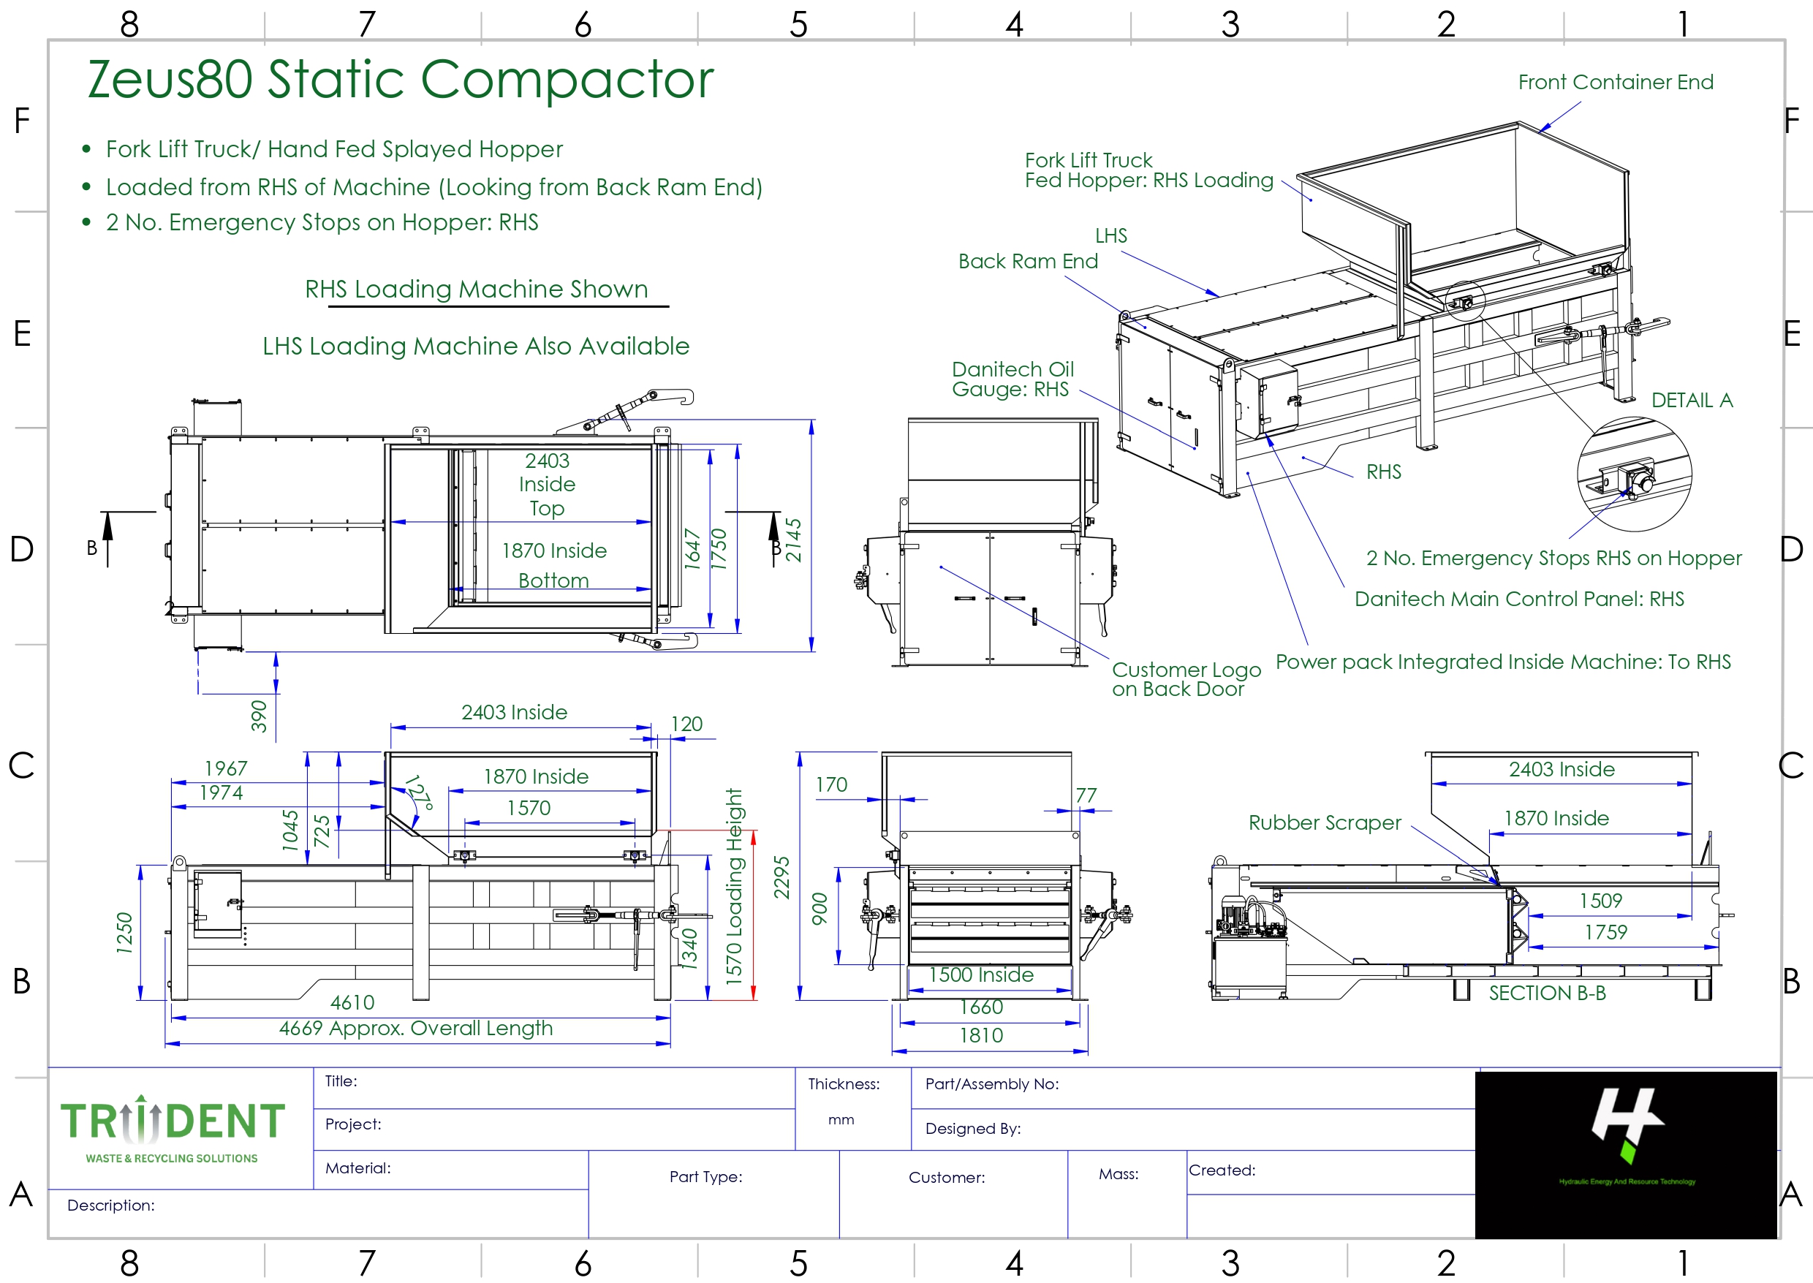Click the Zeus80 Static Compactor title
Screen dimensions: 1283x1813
[400, 79]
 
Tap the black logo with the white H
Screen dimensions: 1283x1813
[1625, 1154]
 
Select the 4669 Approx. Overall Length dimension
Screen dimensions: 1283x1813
[415, 1029]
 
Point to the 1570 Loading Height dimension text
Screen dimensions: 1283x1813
[735, 887]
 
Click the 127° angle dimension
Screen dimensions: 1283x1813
[420, 792]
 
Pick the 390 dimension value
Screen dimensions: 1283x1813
[259, 716]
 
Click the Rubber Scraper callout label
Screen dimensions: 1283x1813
[1324, 823]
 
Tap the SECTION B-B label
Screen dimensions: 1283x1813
[1547, 993]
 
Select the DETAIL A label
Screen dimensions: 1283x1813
[1692, 401]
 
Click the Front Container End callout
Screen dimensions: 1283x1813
[1615, 82]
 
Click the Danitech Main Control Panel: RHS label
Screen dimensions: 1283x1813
[1518, 599]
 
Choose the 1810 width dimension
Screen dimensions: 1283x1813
[980, 1036]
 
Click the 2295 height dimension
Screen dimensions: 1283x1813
[781, 877]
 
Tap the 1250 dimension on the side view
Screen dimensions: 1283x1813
[125, 933]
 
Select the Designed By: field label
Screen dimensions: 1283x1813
[972, 1129]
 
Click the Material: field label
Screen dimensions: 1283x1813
[358, 1168]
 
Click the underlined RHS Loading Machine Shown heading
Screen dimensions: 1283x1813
[477, 289]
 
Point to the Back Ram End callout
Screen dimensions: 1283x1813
[1028, 262]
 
